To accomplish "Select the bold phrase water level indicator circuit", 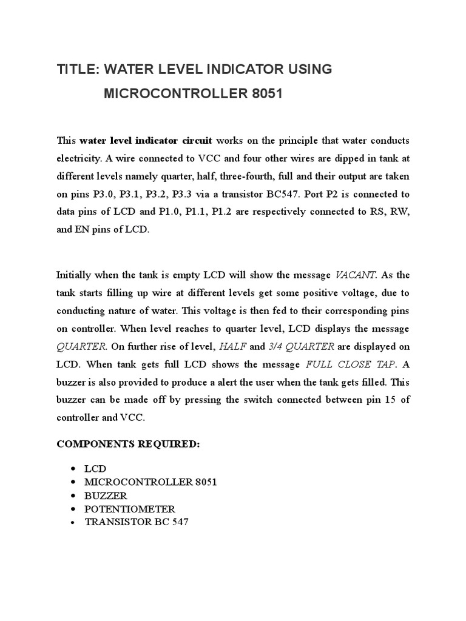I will point(146,141).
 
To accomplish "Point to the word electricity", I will point(79,159).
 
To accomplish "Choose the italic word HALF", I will point(233,346).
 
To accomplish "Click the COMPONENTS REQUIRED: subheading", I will point(127,444).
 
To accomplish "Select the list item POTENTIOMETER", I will point(130,509).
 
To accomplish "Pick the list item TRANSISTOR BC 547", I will point(137,522).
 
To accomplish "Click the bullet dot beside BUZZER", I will point(73,495).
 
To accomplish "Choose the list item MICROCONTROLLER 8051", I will point(150,482).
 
